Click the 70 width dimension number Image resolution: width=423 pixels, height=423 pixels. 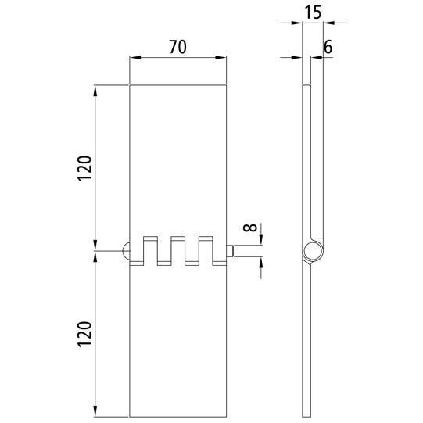click(x=177, y=47)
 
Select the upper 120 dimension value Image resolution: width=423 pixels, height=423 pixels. click(x=85, y=169)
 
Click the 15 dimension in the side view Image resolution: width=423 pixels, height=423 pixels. click(x=313, y=13)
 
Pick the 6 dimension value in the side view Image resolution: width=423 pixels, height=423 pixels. click(x=328, y=47)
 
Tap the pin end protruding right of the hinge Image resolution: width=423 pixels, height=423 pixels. click(x=231, y=251)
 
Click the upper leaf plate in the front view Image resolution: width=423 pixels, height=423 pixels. click(x=177, y=156)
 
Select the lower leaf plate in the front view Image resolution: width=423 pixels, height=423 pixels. click(x=177, y=344)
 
